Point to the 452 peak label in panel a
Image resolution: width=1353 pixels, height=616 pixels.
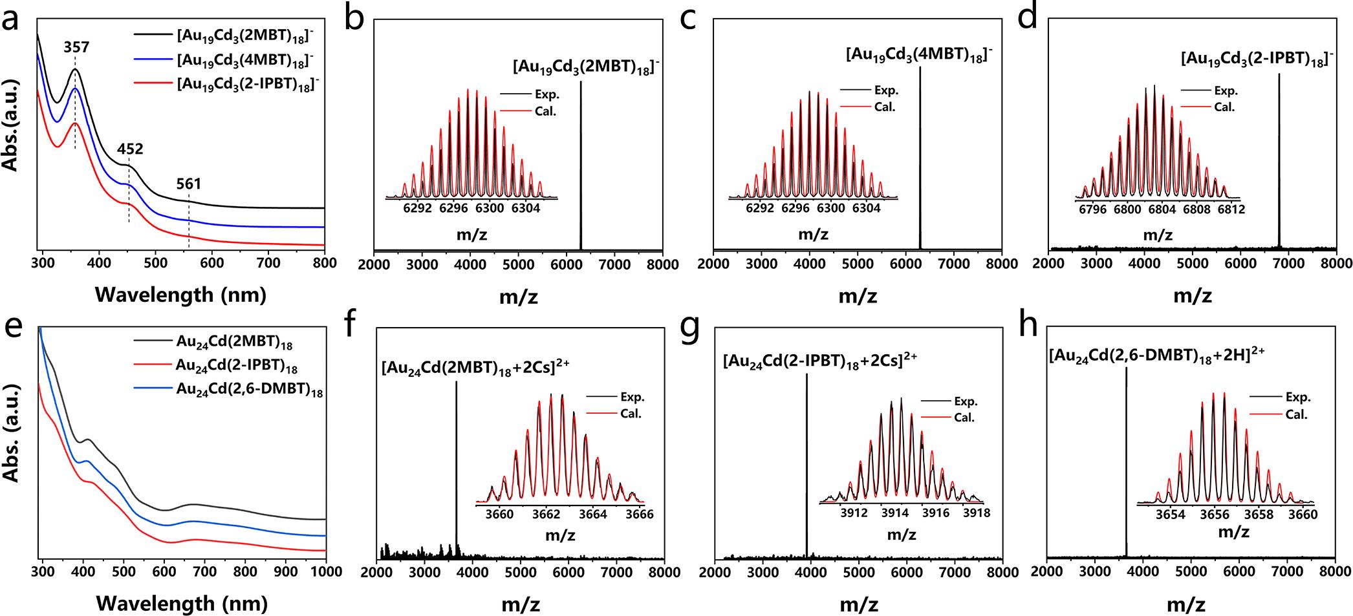(x=130, y=149)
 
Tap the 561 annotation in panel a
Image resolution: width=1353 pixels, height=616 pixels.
(x=189, y=184)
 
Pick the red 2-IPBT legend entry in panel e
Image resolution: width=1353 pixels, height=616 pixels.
(x=236, y=366)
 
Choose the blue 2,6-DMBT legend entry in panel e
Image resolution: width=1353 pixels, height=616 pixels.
(x=249, y=391)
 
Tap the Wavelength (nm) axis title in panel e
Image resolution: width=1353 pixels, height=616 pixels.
(x=181, y=603)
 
